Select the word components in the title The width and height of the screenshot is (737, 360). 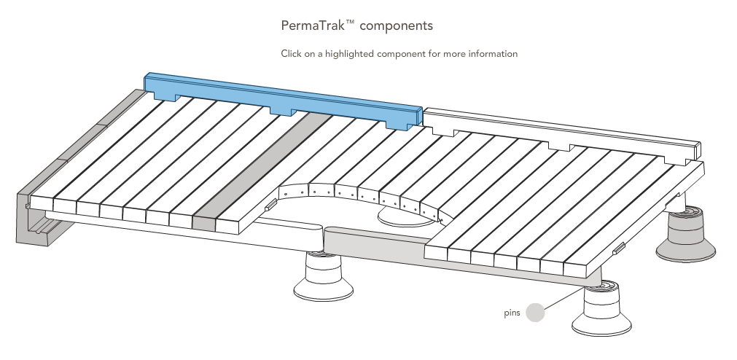tap(397, 26)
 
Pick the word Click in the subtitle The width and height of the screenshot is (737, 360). tap(292, 54)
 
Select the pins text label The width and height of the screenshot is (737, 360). tap(512, 313)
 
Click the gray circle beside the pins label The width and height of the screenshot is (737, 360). tap(535, 313)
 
